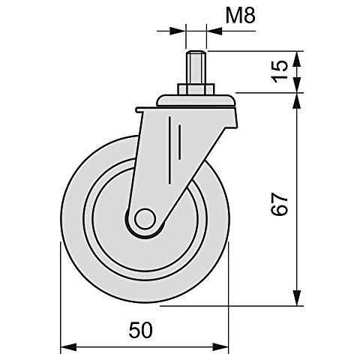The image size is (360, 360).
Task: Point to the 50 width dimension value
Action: point(143,329)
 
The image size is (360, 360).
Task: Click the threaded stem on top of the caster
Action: point(196,69)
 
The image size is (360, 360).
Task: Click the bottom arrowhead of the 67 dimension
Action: point(299,299)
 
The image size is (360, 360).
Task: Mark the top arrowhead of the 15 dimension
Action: point(299,58)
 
